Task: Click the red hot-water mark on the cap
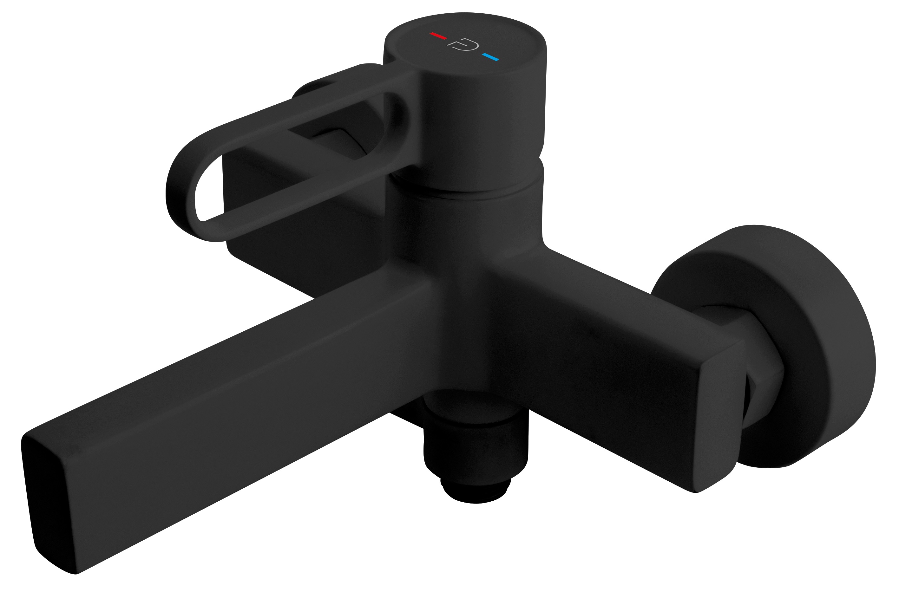[438, 36]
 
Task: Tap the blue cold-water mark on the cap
[490, 57]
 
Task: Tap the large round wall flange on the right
[830, 347]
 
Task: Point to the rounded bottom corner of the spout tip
[58, 571]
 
